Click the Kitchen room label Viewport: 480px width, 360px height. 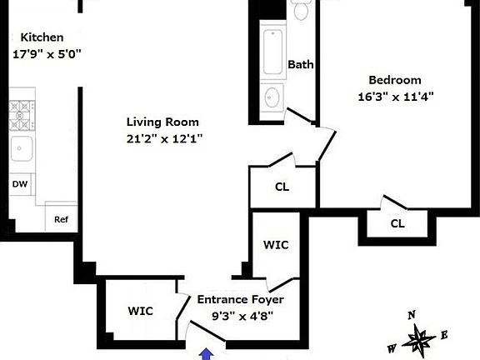tap(42, 37)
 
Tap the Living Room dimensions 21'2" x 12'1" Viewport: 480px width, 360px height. tap(164, 139)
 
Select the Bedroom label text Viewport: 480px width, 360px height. tap(395, 80)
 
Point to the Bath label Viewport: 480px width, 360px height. tap(301, 65)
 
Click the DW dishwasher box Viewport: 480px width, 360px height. tap(20, 184)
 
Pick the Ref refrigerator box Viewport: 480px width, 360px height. tap(61, 217)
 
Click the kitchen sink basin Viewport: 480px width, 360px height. tap(22, 149)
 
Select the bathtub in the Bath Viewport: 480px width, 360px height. tap(272, 52)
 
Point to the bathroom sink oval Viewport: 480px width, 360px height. tap(272, 97)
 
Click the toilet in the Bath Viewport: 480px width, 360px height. tap(301, 10)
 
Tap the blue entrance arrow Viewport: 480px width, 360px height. tap(207, 354)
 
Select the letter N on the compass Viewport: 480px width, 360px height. tap(412, 315)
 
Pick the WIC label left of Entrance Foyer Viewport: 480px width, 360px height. tap(141, 311)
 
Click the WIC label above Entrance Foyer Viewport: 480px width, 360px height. tap(276, 245)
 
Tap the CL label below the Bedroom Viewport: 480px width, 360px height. tap(397, 224)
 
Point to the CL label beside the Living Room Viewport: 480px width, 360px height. tap(282, 187)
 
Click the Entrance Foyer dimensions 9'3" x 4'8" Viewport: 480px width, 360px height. tap(242, 316)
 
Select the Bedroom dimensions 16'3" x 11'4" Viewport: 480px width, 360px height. tap(396, 97)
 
